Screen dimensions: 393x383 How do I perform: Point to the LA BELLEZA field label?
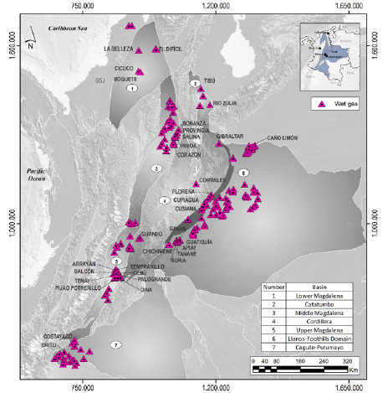[x=118, y=49]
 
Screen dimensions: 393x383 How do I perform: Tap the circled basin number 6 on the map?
[x=243, y=173]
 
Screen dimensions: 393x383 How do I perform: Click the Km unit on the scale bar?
[x=354, y=369]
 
